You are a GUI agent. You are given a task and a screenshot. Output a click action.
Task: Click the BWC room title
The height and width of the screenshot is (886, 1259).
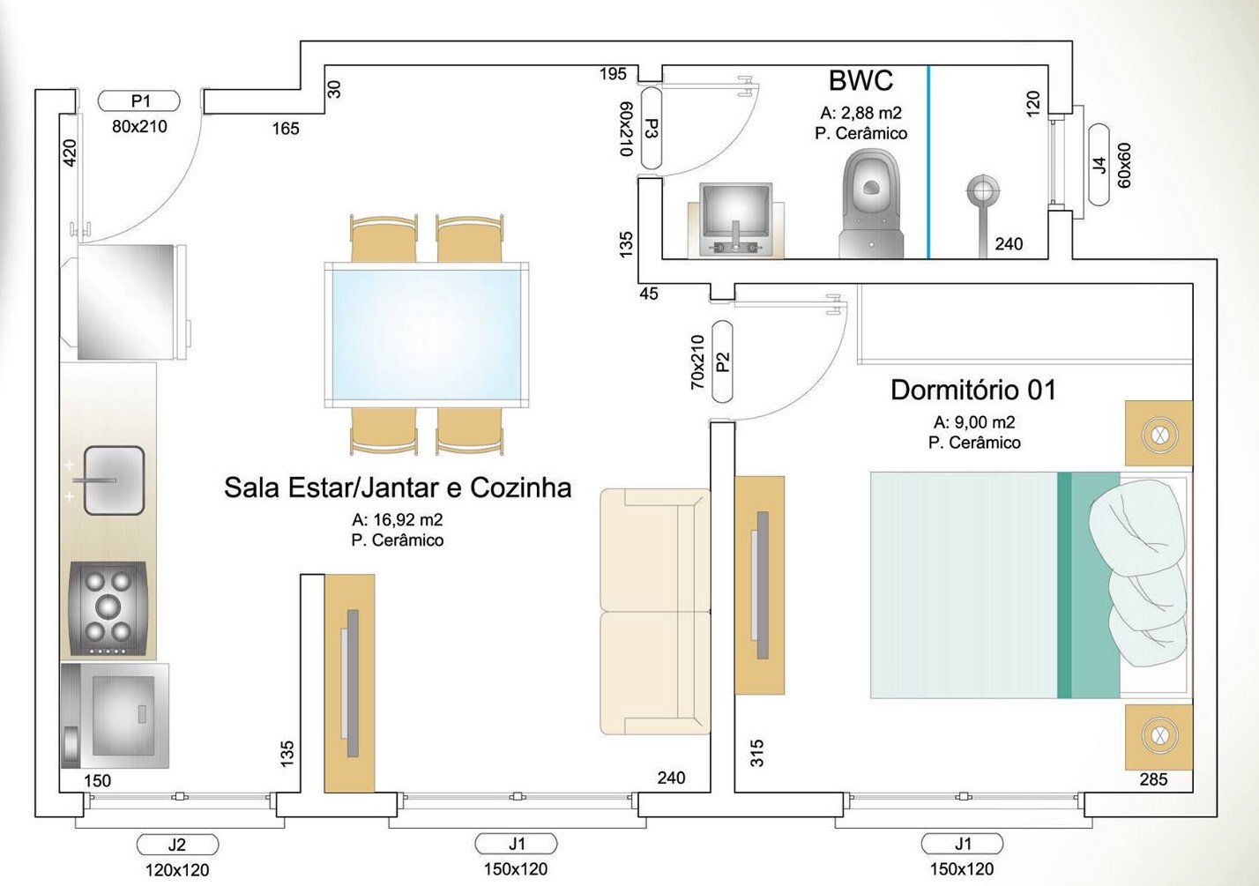click(x=860, y=81)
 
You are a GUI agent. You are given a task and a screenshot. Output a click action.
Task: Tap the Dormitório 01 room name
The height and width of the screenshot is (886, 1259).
click(x=972, y=390)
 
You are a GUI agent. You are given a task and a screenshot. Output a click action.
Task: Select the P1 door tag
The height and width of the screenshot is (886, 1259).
click(x=139, y=101)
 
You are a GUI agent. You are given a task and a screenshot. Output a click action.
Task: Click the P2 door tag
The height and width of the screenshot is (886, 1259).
click(x=722, y=361)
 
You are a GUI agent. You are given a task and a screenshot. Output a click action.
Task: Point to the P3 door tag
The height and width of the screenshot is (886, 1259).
click(x=651, y=129)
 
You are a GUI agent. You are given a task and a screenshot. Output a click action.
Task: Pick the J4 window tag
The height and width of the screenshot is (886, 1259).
click(x=1099, y=165)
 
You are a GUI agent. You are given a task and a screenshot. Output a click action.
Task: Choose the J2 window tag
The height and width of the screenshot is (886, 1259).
click(x=177, y=845)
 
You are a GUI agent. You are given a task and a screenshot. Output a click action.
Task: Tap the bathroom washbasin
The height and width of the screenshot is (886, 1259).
click(x=735, y=220)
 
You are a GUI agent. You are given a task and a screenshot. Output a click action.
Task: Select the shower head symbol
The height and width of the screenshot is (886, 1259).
click(x=982, y=190)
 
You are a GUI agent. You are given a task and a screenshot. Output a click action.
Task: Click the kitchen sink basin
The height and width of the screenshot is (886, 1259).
click(x=115, y=480)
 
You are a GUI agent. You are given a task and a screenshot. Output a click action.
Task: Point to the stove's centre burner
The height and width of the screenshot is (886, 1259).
click(x=108, y=606)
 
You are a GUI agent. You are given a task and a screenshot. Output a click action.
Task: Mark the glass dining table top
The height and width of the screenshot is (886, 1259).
click(x=427, y=334)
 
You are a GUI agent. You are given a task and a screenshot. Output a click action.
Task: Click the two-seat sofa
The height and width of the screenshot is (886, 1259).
click(x=655, y=611)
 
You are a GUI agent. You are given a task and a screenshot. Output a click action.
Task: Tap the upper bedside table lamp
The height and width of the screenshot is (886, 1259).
click(x=1158, y=434)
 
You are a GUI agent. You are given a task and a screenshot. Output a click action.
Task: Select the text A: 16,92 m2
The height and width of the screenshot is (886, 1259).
click(x=397, y=520)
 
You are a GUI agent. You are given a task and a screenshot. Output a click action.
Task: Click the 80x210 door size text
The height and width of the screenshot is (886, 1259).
click(x=139, y=127)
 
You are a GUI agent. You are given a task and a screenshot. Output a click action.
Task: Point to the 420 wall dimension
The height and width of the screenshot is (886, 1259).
click(x=70, y=152)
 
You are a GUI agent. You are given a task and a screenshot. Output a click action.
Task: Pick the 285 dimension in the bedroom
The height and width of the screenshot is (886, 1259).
click(x=1153, y=779)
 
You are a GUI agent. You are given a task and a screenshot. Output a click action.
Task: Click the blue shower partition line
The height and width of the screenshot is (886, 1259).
click(x=928, y=162)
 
